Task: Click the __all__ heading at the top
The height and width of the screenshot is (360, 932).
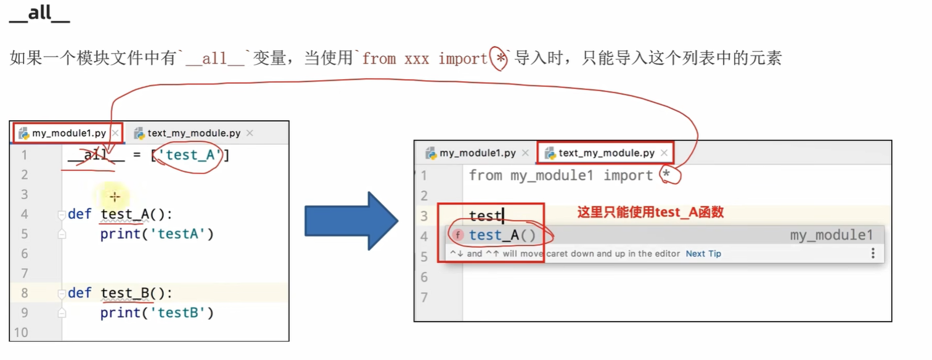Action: pos(39,14)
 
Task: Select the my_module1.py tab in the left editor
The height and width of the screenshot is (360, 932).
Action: pos(68,133)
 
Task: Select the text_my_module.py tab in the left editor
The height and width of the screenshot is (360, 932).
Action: pos(194,133)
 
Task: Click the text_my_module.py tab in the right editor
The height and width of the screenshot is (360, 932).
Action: pos(606,153)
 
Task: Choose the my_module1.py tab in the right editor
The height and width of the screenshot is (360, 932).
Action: pos(477,153)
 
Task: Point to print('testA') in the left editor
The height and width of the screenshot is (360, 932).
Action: pos(157,234)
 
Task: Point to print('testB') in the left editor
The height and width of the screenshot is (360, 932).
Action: pos(157,313)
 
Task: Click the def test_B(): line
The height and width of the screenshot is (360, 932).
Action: pos(120,293)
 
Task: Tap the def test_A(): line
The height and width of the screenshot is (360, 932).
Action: pos(120,215)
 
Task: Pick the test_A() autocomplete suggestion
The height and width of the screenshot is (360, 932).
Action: pos(502,235)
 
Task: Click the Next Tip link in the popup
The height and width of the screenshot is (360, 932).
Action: pos(703,254)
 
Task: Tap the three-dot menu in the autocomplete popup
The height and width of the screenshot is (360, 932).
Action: pos(873,253)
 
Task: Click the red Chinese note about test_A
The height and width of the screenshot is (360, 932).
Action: pos(650,213)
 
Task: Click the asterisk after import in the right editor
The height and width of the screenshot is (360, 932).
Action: pos(666,176)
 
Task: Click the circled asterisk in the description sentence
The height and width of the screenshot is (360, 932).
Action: pos(501,59)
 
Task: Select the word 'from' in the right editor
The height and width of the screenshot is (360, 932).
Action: pos(485,176)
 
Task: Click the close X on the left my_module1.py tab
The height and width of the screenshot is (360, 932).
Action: pos(115,133)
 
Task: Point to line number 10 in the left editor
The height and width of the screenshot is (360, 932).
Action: pos(20,333)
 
